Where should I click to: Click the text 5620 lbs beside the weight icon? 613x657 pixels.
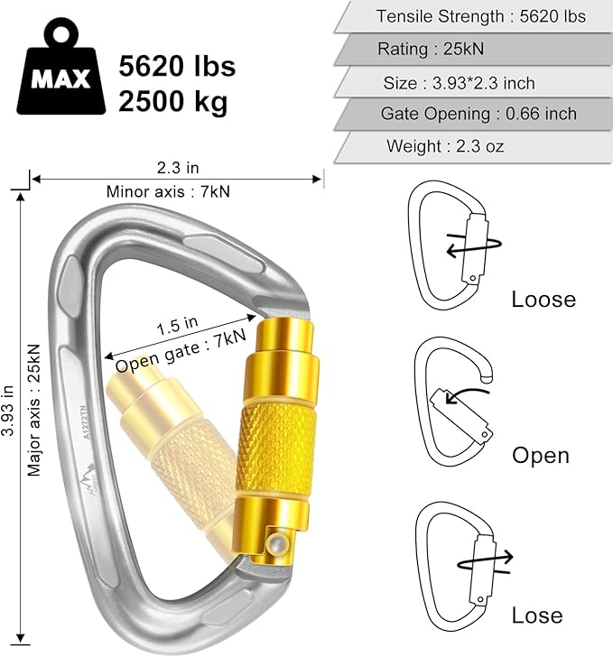coord(177,66)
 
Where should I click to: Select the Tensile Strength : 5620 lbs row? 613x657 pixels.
coord(480,16)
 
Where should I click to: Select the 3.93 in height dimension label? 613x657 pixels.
coord(10,412)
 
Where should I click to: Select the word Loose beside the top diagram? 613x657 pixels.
coord(543,300)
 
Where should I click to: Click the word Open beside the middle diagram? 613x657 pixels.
coord(541,455)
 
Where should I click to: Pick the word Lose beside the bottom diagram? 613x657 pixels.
coord(537,615)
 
